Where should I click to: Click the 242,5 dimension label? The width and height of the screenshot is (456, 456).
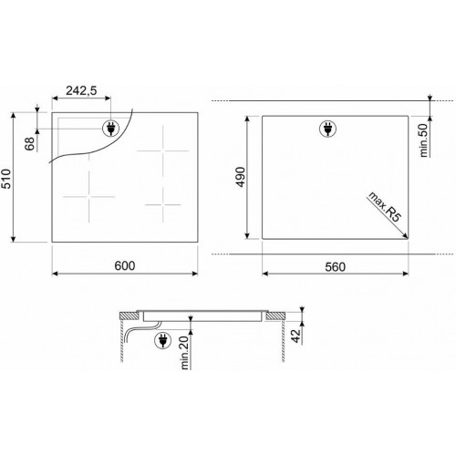(81, 90)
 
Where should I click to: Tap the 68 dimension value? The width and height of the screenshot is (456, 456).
(30, 144)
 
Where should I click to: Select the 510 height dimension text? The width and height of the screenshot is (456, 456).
(5, 179)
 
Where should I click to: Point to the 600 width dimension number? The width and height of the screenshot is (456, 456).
(125, 265)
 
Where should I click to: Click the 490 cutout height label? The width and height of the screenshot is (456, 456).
(240, 177)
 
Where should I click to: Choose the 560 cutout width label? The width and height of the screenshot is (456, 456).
(336, 267)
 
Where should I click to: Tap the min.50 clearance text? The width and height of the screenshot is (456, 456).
(423, 140)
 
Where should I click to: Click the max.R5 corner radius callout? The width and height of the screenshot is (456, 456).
(385, 207)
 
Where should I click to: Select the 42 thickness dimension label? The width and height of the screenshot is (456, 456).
(295, 336)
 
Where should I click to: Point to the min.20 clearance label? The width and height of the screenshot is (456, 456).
(184, 353)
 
